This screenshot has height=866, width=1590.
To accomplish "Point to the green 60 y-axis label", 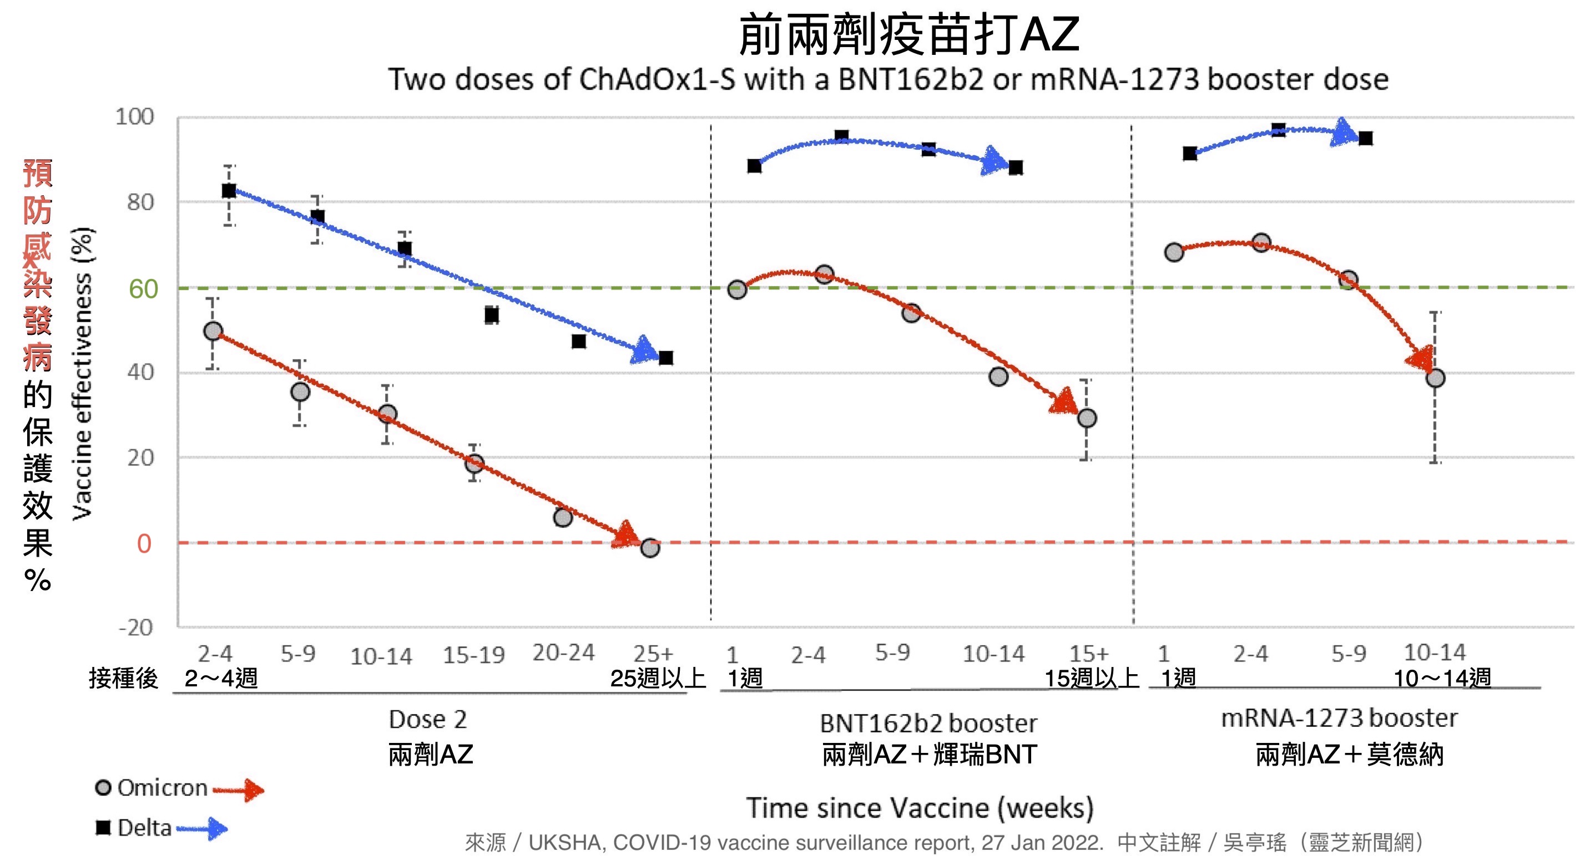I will pos(143,289).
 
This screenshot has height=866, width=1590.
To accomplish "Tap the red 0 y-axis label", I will pos(144,543).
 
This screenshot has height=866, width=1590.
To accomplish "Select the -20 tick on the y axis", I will pos(136,628).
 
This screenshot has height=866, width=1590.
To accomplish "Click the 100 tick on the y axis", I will pos(134,116).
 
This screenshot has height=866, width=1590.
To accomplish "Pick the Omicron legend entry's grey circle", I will pos(103,788).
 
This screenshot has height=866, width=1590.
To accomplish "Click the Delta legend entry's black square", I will pos(103,827).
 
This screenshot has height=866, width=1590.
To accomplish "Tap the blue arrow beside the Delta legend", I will pos(204,828).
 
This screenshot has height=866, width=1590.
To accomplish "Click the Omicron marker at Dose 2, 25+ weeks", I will pos(650,548).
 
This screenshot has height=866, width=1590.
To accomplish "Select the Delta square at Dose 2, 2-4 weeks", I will pos(229,191).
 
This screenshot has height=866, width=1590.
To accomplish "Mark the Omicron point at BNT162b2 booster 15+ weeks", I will pos(1087,418).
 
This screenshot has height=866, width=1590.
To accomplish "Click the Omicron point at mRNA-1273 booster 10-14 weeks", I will pos(1435,378).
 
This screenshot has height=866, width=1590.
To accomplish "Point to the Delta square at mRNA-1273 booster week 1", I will pos(1190,153).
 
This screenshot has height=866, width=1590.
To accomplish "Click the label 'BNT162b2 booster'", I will pos(928,723).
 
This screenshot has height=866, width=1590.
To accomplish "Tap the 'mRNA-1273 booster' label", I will pos(1339,718).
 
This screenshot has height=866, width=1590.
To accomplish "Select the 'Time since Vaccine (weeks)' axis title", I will pos(920,808).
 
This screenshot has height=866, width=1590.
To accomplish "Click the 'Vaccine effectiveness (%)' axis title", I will pos(82,374).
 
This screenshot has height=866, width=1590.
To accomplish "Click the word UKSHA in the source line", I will pos(567,842).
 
